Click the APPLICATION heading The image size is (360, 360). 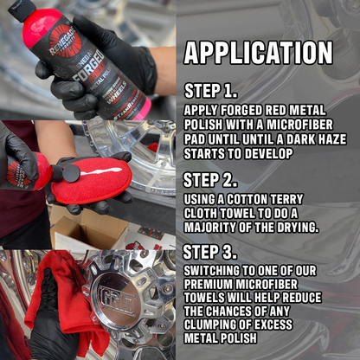(258, 53)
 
